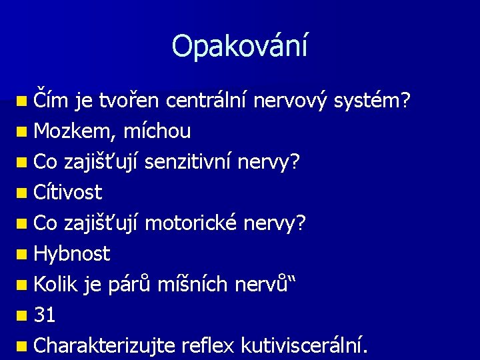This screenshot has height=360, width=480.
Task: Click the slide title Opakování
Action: [x=240, y=46]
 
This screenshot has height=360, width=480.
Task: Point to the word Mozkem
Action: [x=74, y=132]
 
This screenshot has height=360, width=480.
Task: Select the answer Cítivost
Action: [x=67, y=193]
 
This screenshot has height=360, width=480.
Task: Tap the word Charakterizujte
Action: [x=104, y=345]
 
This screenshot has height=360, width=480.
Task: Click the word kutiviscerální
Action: [x=304, y=345]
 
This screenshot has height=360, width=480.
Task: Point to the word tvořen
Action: [x=129, y=101]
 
